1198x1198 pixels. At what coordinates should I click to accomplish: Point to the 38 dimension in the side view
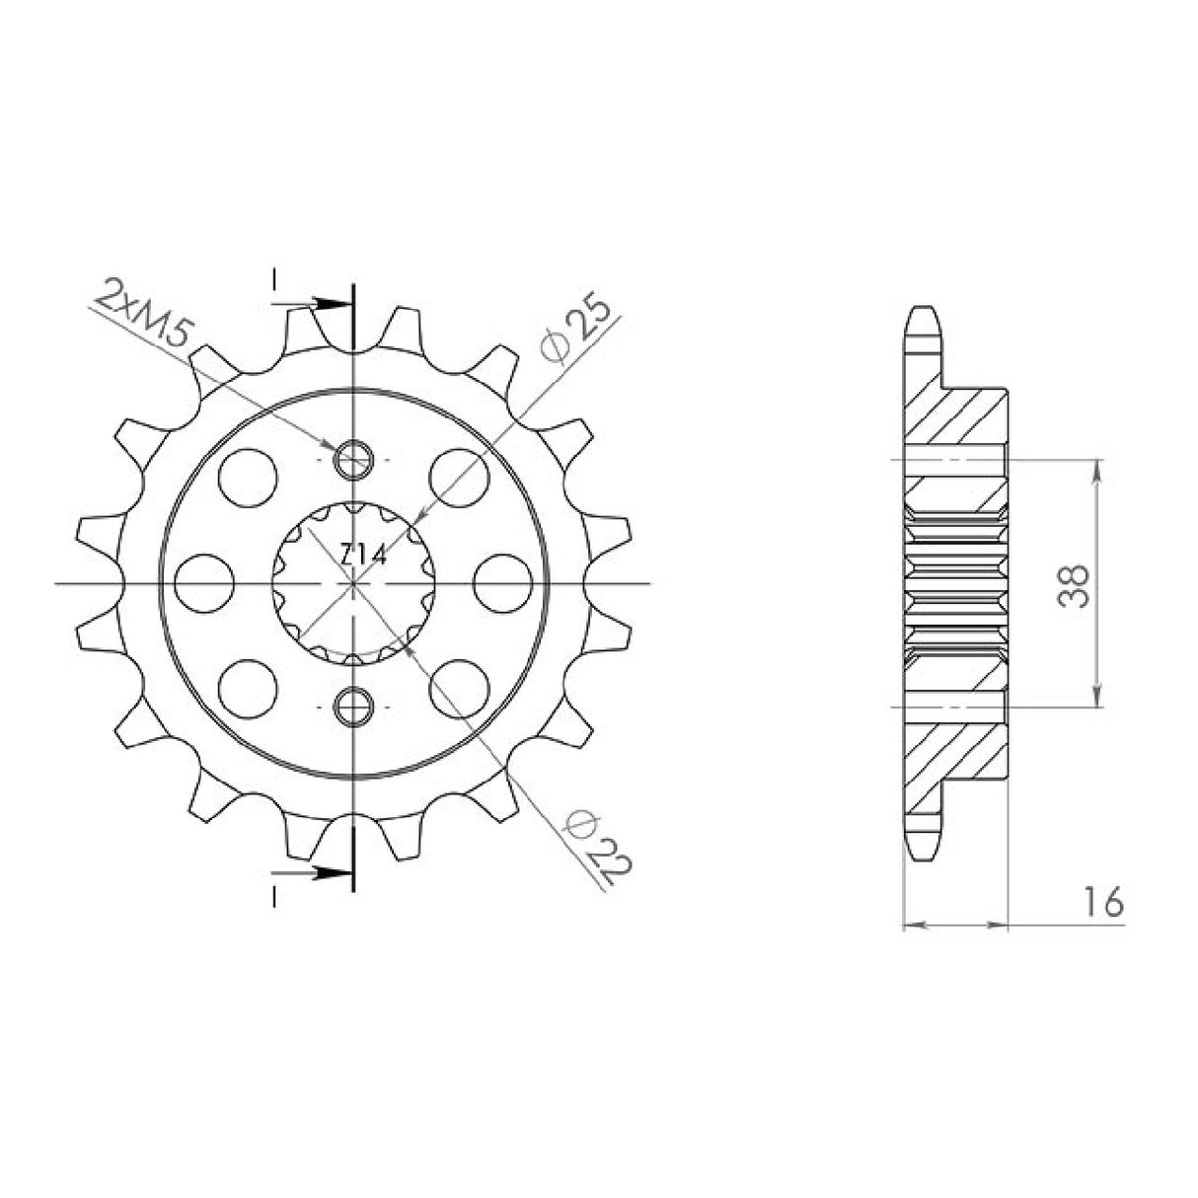(1077, 584)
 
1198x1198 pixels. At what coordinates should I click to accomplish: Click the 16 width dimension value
(1102, 902)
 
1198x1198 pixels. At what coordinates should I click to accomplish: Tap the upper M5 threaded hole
(353, 458)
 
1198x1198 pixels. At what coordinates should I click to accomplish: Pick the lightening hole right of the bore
(500, 582)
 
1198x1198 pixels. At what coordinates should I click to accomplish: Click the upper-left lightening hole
(248, 476)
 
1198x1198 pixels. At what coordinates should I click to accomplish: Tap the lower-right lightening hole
(460, 688)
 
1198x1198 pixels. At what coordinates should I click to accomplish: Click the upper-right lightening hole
(460, 476)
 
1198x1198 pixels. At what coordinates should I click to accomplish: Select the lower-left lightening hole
(248, 688)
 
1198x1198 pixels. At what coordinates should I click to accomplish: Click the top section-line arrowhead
(334, 303)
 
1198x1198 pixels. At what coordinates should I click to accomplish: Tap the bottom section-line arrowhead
(334, 872)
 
